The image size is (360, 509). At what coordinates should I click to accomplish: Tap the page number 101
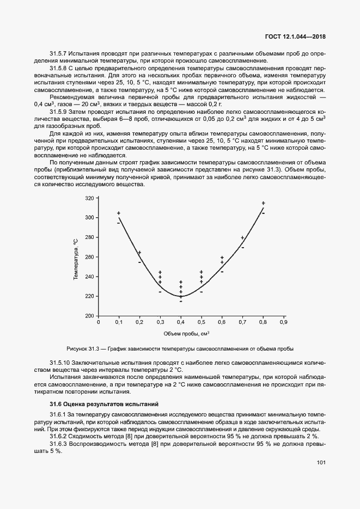click(x=321, y=463)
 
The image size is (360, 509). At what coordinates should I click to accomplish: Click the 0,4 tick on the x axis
click(x=181, y=322)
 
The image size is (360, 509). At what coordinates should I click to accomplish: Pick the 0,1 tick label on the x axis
click(x=119, y=322)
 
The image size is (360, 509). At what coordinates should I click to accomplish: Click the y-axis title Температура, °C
click(x=76, y=257)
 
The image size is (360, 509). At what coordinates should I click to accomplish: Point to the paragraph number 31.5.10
click(x=59, y=362)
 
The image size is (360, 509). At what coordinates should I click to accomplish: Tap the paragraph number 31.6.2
click(x=58, y=437)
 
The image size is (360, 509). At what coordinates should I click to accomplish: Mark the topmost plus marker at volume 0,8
click(x=263, y=203)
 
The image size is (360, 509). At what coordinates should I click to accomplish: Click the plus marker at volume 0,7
click(x=242, y=237)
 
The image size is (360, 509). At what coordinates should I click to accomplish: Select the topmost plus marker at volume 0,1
click(x=119, y=213)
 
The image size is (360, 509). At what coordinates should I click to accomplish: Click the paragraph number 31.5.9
click(x=58, y=111)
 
